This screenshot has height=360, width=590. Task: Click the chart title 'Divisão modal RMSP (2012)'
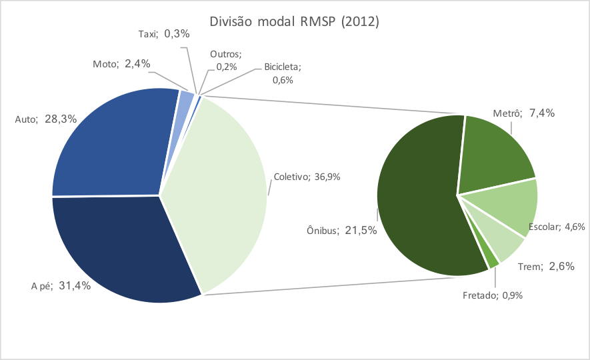tap(294, 21)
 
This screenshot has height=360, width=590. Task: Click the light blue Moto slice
tap(186, 100)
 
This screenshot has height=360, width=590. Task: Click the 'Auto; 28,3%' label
tap(46, 120)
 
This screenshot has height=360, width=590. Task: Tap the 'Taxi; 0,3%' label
tap(163, 34)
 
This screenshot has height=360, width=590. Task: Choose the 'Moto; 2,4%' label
tap(121, 64)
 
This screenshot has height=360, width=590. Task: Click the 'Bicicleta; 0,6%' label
tap(282, 73)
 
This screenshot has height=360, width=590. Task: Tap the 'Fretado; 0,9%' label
tap(493, 294)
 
